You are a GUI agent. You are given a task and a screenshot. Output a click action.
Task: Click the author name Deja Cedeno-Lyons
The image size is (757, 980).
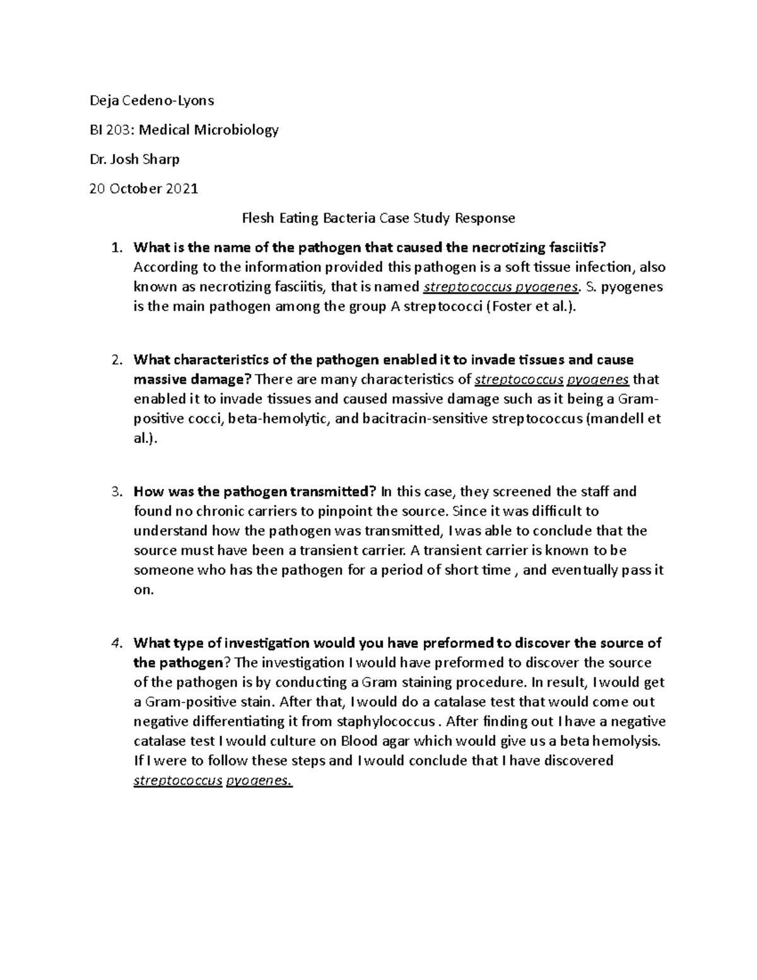pyautogui.click(x=152, y=100)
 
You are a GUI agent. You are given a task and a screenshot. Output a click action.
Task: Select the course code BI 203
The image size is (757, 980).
pyautogui.click(x=111, y=130)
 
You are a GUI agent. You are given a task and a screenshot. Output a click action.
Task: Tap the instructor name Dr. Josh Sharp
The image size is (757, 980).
pyautogui.click(x=134, y=159)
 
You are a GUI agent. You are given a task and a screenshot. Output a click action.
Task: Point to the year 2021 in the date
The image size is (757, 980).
pyautogui.click(x=182, y=189)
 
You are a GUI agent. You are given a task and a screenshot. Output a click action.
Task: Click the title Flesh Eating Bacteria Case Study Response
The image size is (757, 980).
pyautogui.click(x=378, y=218)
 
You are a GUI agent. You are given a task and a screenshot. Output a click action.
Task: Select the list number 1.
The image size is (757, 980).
pyautogui.click(x=115, y=247)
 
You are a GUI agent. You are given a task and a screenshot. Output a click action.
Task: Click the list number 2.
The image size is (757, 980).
pyautogui.click(x=115, y=360)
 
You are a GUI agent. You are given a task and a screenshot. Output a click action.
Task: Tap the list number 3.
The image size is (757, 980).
pyautogui.click(x=115, y=492)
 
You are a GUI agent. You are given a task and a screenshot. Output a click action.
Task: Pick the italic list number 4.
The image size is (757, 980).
pyautogui.click(x=115, y=643)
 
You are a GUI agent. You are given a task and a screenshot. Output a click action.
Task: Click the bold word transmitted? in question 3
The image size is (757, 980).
pyautogui.click(x=334, y=492)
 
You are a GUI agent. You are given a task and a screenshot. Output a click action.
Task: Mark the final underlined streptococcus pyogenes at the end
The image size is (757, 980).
pyautogui.click(x=213, y=781)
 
